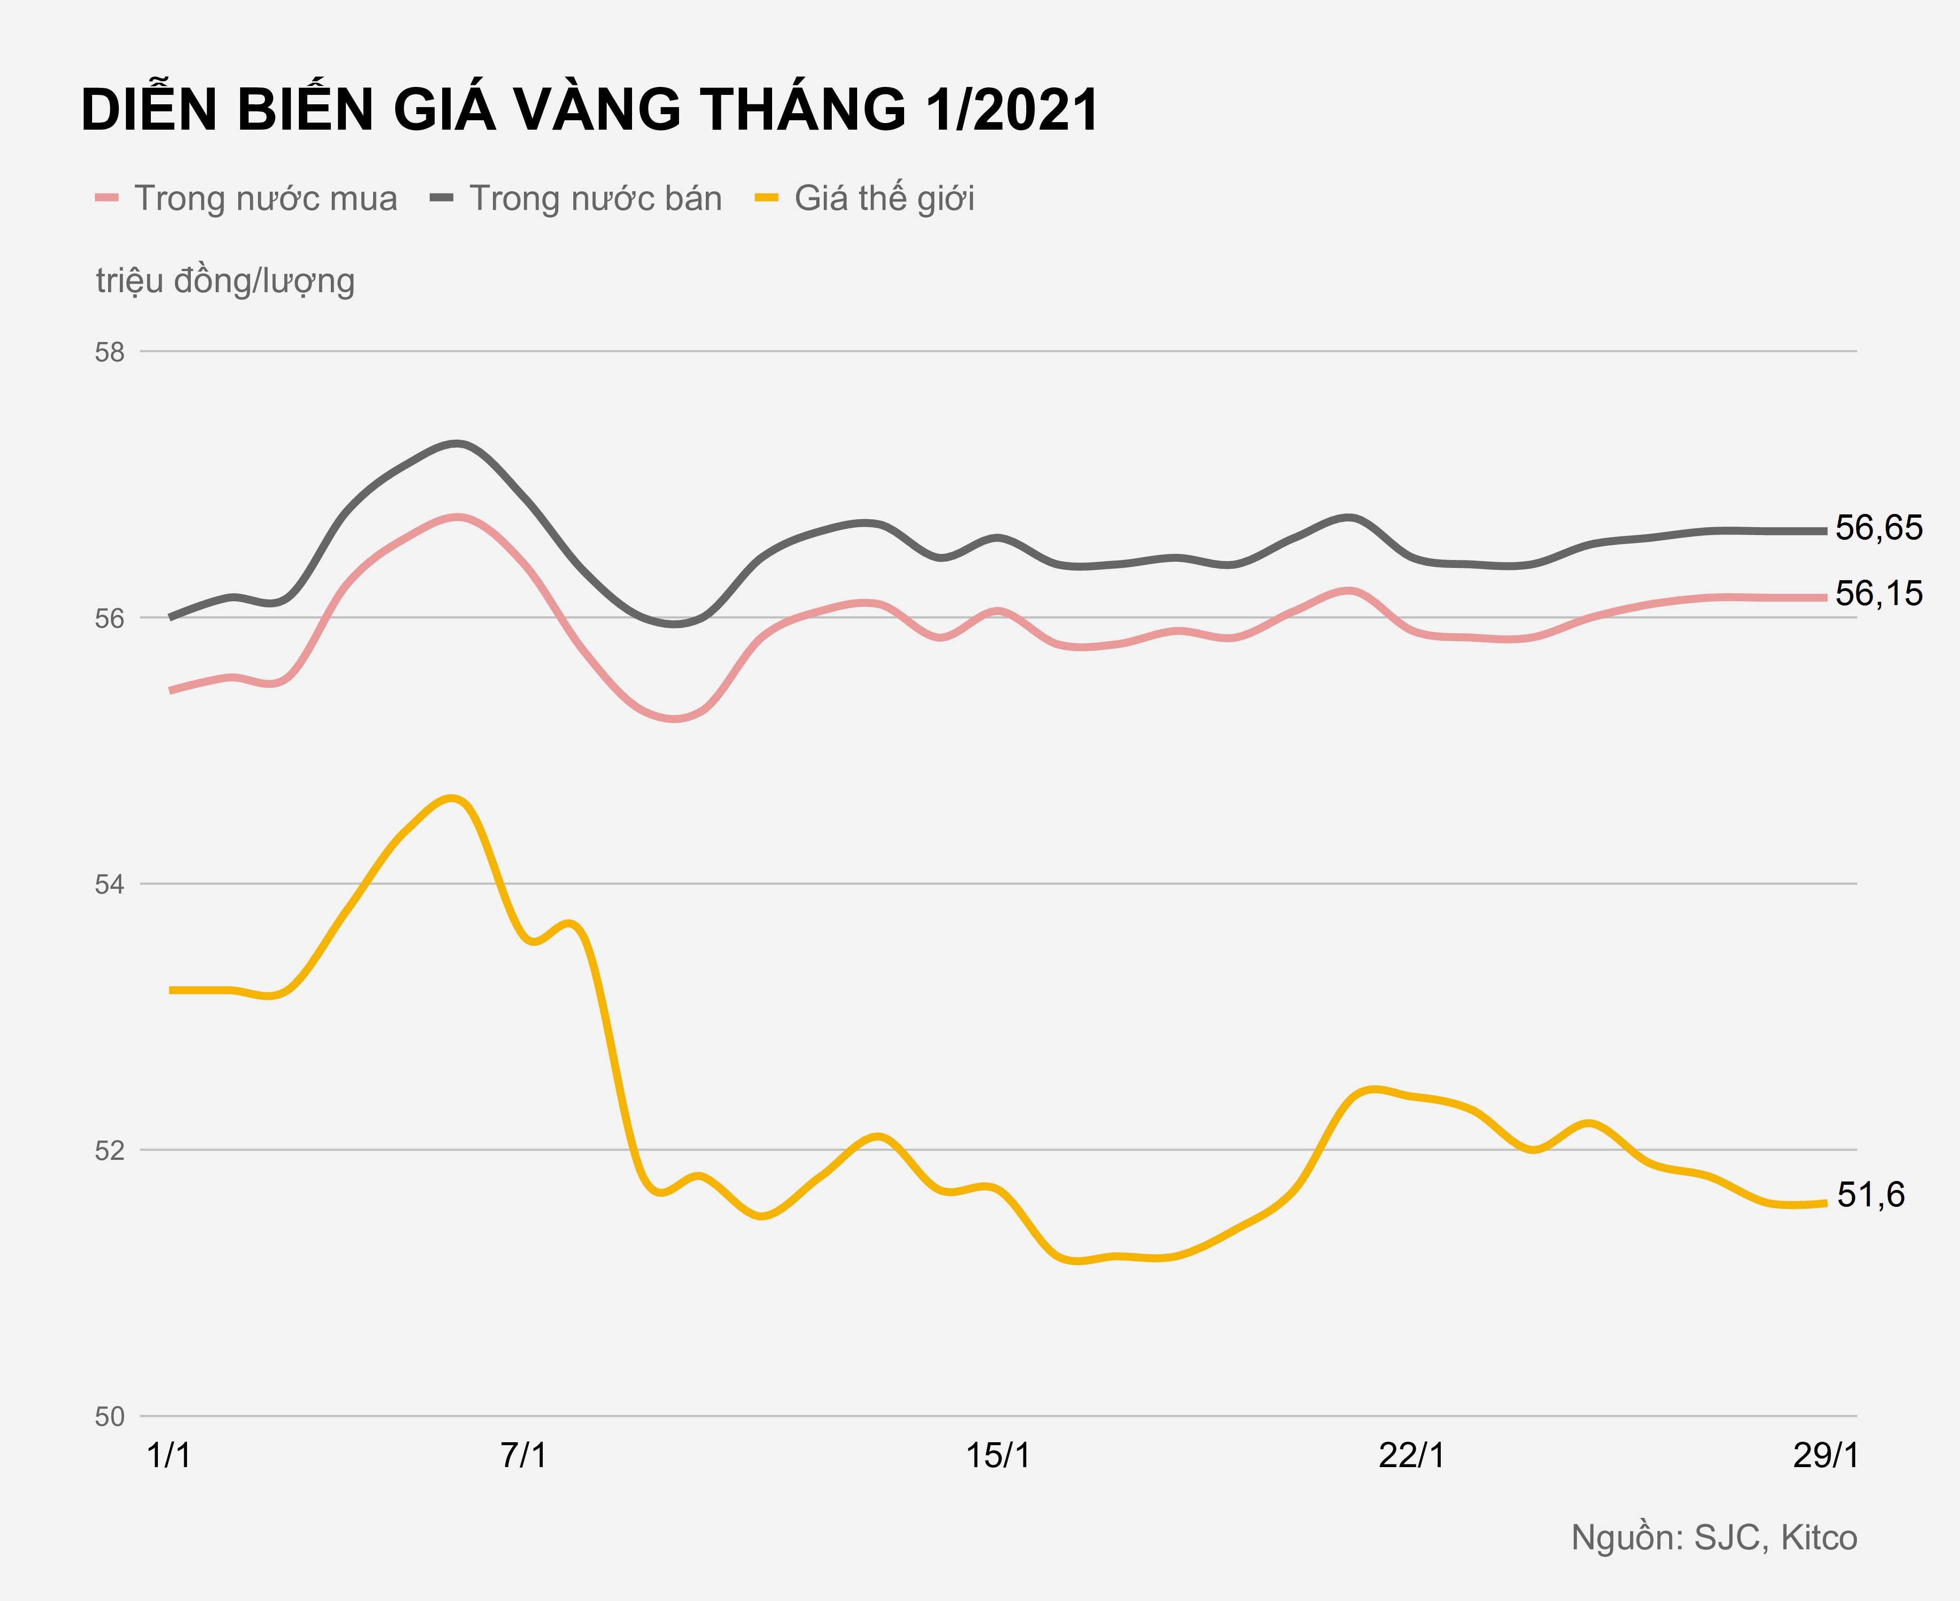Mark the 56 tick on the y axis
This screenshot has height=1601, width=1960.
pos(110,619)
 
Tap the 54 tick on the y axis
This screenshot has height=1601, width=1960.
pos(110,885)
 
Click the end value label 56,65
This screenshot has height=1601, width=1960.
pos(1879,528)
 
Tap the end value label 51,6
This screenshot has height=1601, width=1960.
pos(1871,1195)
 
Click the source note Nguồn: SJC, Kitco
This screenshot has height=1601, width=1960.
pos(1714,1538)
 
